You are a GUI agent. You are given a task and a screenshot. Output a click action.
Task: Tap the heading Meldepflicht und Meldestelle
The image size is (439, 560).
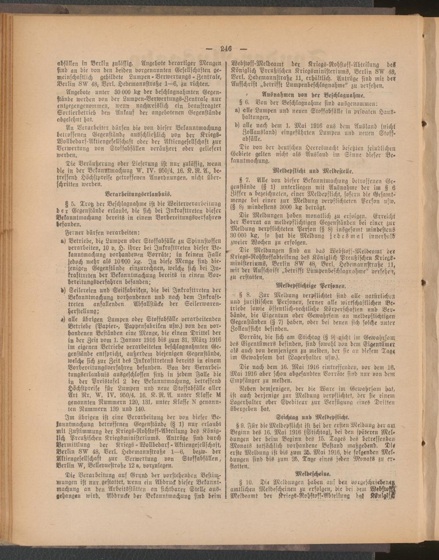[313, 170]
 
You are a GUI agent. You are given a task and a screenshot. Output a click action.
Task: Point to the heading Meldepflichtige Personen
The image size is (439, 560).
[313, 285]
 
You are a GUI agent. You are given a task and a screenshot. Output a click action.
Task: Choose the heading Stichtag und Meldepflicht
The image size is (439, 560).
[313, 415]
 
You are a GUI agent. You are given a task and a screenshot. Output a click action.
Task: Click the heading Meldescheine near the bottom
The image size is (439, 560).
[312, 474]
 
